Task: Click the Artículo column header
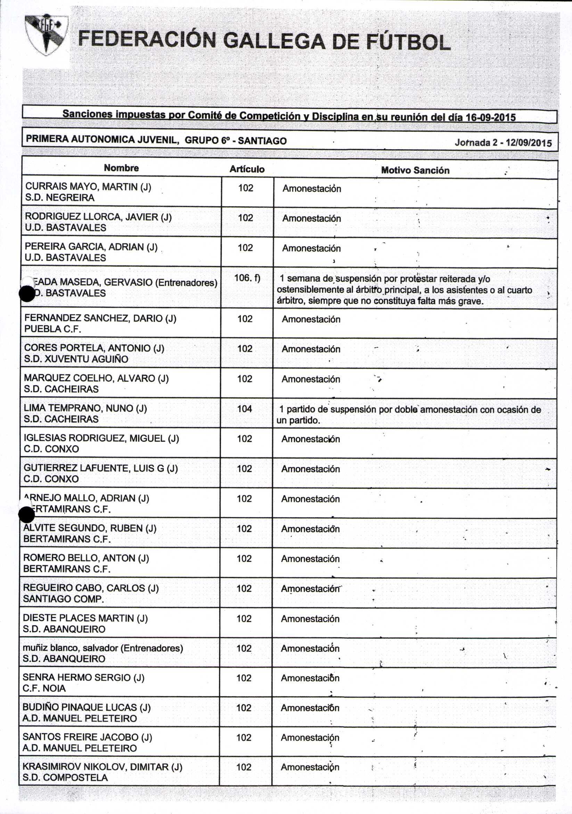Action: point(247,169)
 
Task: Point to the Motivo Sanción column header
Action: point(415,170)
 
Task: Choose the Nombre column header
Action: point(121,168)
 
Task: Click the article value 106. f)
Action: point(247,278)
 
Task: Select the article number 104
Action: point(245,409)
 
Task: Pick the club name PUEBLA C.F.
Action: point(52,329)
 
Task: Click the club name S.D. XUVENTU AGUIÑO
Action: point(76,359)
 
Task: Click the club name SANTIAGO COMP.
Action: point(63,599)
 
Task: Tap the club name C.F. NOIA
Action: point(44,688)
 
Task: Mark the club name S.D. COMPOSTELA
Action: point(65,778)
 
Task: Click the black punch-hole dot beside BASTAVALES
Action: point(27,294)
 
